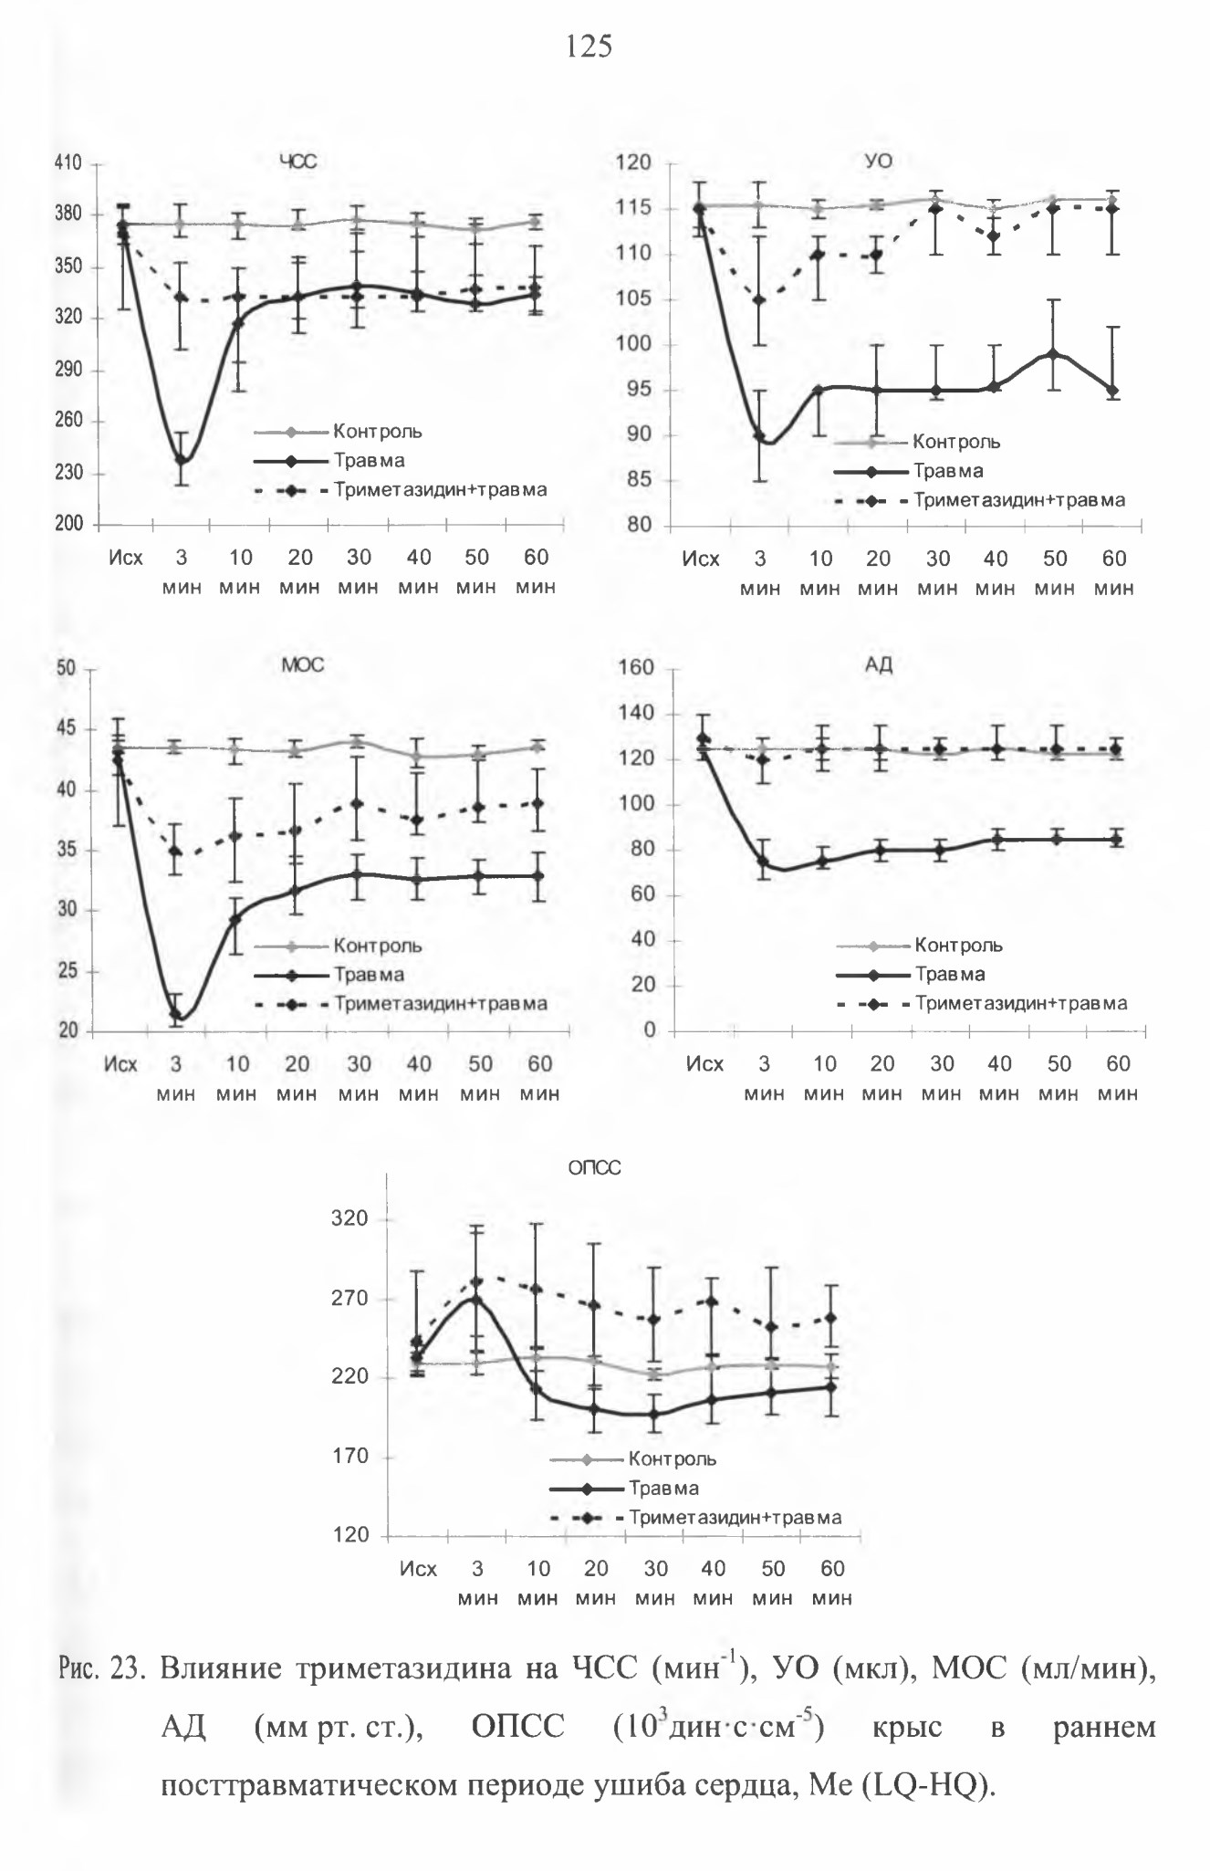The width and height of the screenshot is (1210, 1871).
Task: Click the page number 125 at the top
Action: (x=589, y=45)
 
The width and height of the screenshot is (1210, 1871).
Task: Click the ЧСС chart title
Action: (x=297, y=162)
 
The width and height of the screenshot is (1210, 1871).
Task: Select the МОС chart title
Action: (x=302, y=665)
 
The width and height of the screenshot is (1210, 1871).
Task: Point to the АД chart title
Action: (x=878, y=665)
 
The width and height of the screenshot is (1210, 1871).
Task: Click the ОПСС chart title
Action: (x=594, y=1168)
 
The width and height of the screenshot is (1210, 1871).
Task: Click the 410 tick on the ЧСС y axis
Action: (x=69, y=163)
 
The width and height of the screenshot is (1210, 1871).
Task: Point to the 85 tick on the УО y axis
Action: (x=639, y=480)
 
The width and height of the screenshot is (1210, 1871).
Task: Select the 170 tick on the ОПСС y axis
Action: (x=352, y=1456)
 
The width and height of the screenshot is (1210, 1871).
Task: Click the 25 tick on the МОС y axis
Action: (x=67, y=971)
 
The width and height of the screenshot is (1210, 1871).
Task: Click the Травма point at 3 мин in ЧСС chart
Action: (x=182, y=460)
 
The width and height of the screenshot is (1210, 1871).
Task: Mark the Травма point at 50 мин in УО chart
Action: (x=1053, y=354)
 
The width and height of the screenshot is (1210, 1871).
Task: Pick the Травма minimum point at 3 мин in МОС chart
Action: (x=176, y=1013)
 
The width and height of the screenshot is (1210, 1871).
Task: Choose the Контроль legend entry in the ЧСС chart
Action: (x=339, y=432)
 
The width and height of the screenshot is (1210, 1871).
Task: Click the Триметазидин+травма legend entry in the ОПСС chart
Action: (x=696, y=1518)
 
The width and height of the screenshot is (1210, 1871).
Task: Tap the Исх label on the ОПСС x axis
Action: (x=418, y=1569)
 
